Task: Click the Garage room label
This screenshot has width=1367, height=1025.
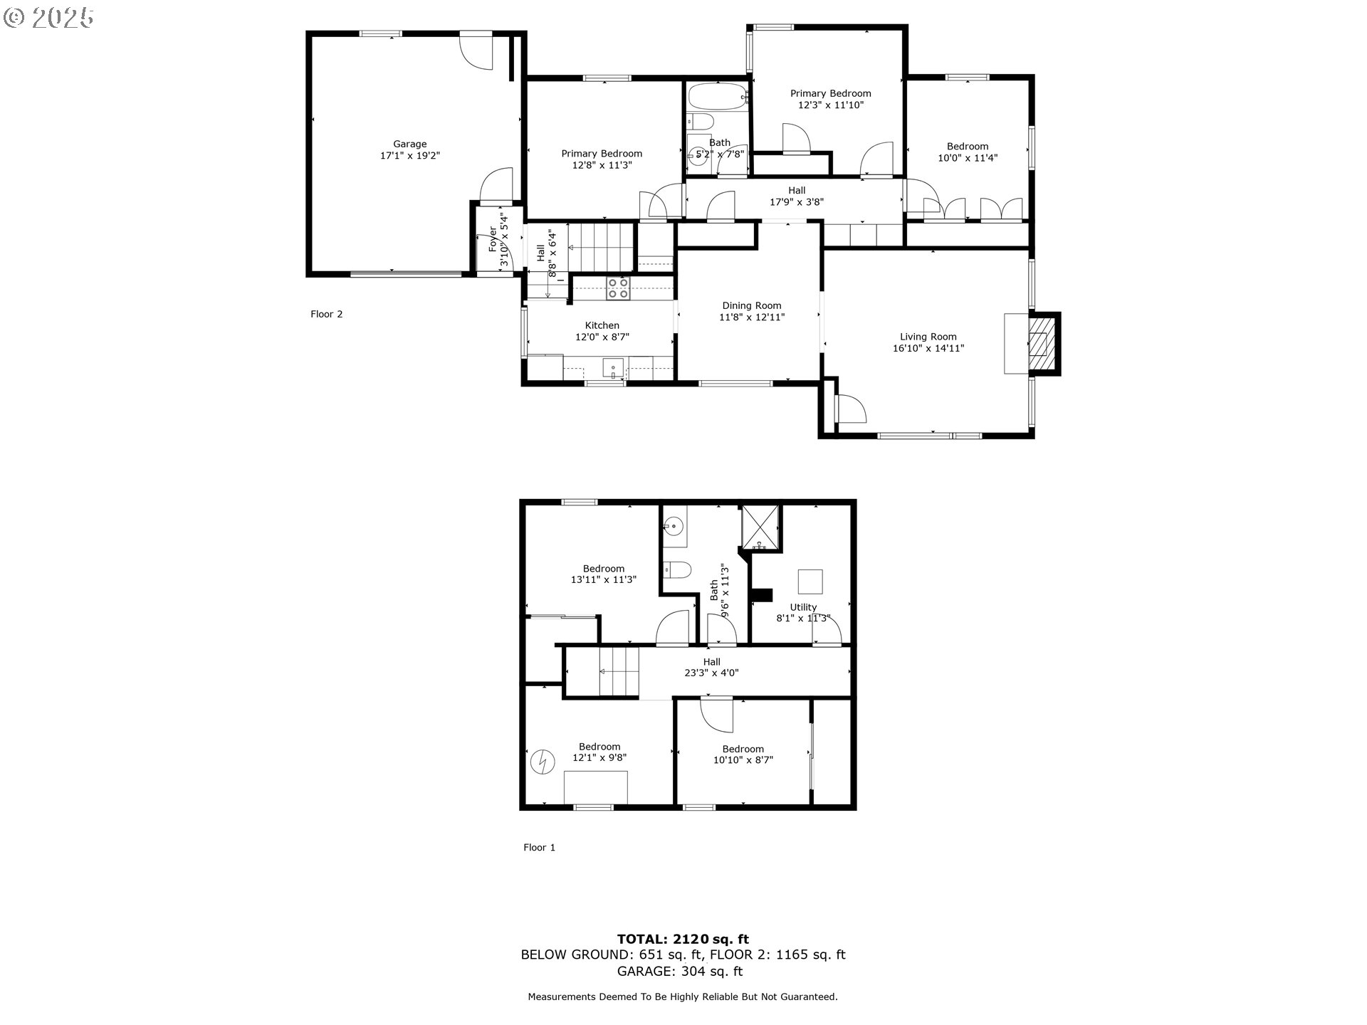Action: click(410, 144)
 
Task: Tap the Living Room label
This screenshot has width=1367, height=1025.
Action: click(928, 337)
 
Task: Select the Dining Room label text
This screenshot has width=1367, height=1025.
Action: click(752, 305)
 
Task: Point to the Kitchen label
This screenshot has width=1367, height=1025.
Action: click(602, 325)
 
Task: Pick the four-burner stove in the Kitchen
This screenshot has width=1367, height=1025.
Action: click(617, 288)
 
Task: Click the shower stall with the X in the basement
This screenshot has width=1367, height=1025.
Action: click(761, 527)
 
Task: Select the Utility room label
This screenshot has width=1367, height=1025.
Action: click(803, 607)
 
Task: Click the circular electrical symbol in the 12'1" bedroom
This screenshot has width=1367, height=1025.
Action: click(543, 762)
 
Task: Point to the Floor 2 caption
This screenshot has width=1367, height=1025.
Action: click(327, 314)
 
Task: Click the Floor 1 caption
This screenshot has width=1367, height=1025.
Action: click(540, 847)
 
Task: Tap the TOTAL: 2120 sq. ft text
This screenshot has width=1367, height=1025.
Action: click(683, 939)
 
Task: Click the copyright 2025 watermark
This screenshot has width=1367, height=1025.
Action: click(49, 18)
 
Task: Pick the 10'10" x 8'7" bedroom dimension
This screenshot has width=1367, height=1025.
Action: click(743, 759)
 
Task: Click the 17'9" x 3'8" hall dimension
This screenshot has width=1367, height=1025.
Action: click(797, 201)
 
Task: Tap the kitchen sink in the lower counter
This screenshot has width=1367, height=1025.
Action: click(613, 369)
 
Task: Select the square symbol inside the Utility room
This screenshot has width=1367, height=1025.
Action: click(810, 582)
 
